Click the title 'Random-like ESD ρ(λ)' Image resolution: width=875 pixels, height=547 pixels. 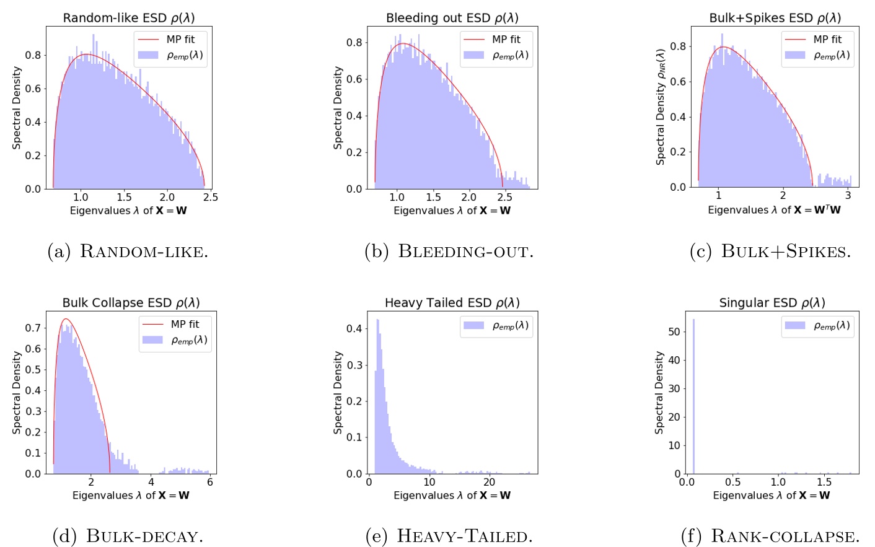coord(129,18)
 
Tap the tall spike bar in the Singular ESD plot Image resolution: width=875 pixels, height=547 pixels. coord(693,396)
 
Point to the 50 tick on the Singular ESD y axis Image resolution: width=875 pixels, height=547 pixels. coord(674,331)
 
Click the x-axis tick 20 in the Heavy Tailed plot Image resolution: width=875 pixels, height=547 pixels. coord(489,482)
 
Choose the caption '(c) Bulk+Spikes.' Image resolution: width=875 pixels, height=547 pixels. coord(770,252)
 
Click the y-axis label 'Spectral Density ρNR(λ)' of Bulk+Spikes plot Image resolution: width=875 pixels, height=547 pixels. coord(661,107)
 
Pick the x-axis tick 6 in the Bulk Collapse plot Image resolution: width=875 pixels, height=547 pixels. coord(210,482)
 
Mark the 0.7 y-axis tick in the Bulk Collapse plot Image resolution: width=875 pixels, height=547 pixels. coord(33,328)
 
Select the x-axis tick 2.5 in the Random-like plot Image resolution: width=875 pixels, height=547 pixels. coord(211,197)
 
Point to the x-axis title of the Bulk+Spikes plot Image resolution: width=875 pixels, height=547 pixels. coord(774,211)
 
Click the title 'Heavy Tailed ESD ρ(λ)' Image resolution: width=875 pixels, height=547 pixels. coord(452,303)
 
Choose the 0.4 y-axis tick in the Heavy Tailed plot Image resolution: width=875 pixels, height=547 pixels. coord(354,328)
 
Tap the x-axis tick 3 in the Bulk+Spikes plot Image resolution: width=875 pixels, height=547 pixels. coord(848,195)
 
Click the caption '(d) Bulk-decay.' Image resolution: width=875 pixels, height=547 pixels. coord(128,536)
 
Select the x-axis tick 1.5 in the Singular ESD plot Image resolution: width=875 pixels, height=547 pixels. coord(824,482)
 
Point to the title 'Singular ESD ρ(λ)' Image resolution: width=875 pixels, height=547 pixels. coord(772,303)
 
